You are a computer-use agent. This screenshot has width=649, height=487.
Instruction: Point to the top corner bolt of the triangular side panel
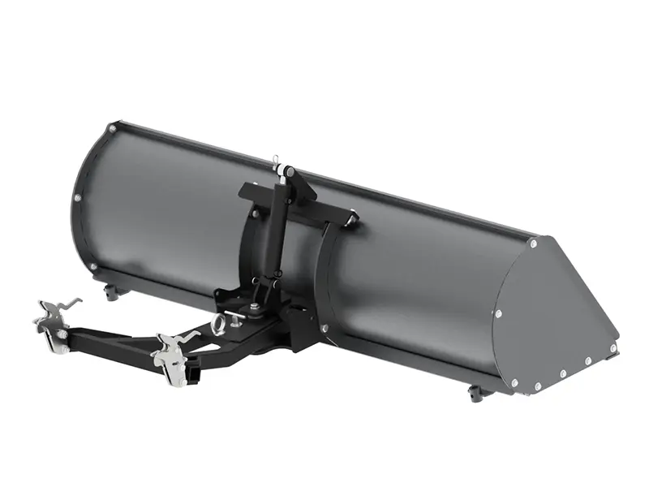pyautogui.click(x=533, y=243)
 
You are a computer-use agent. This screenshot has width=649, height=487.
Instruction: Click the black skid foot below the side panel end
pyautogui.click(x=476, y=393)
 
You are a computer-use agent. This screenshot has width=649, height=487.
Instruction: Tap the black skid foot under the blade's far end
pyautogui.click(x=111, y=291)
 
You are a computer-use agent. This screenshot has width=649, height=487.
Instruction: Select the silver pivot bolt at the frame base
pyautogui.click(x=254, y=307)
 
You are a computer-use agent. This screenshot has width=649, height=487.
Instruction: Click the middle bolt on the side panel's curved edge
pyautogui.click(x=498, y=313)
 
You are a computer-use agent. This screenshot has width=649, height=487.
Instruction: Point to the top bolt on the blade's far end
pyautogui.click(x=112, y=127)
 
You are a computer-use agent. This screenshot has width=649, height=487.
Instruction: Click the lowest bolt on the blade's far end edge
pyautogui.click(x=93, y=266)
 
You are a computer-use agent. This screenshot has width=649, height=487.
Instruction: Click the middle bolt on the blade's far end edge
pyautogui.click(x=77, y=197)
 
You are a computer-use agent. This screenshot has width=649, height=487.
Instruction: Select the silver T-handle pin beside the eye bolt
pyautogui.click(x=234, y=312)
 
